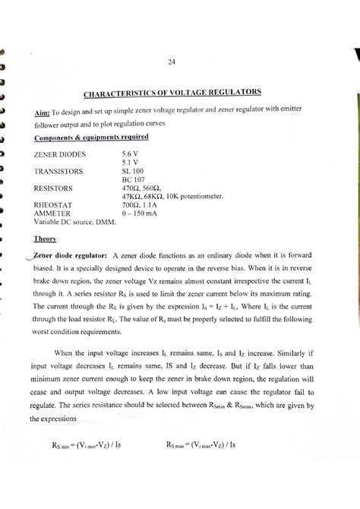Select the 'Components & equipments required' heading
(90, 137)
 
